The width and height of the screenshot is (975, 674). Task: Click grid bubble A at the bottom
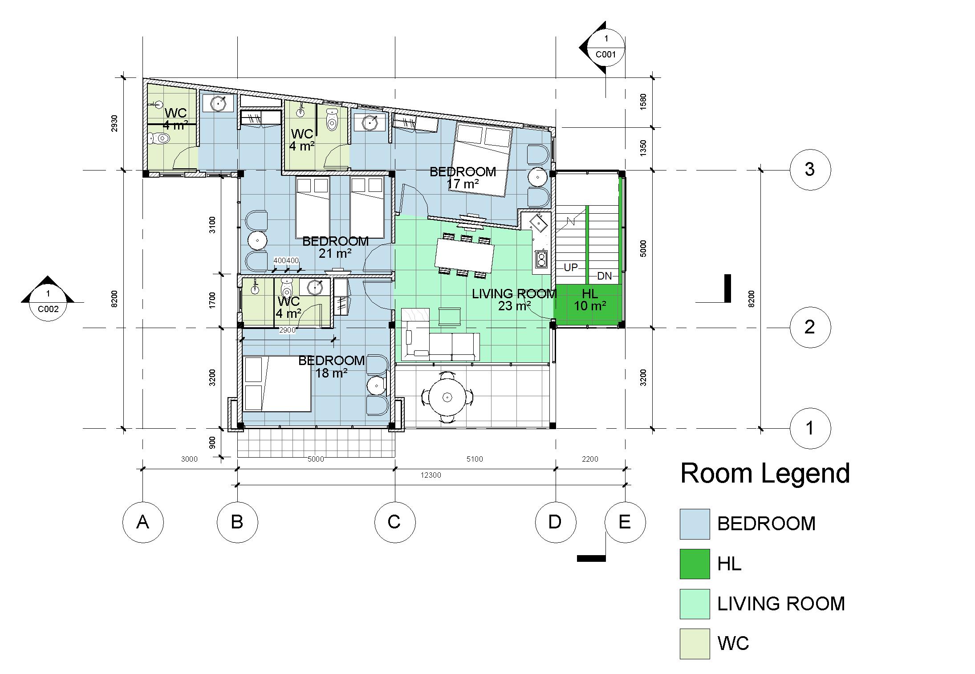pyautogui.click(x=142, y=522)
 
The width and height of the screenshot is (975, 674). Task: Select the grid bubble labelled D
pyautogui.click(x=555, y=522)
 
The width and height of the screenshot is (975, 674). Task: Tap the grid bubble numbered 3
pyautogui.click(x=810, y=170)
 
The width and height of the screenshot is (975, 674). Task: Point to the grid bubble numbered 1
pyautogui.click(x=810, y=428)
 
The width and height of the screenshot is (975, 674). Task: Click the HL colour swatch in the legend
pyautogui.click(x=695, y=564)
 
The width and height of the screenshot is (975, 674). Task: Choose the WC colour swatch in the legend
pyautogui.click(x=695, y=643)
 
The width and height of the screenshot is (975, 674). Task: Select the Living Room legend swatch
pyautogui.click(x=695, y=604)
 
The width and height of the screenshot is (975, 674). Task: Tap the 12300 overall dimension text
pyautogui.click(x=431, y=475)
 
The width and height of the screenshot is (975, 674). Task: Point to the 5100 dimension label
pyautogui.click(x=475, y=459)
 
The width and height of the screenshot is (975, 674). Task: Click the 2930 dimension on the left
pyautogui.click(x=115, y=124)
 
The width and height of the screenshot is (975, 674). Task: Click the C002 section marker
pyautogui.click(x=48, y=298)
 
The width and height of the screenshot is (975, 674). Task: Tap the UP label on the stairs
pyautogui.click(x=570, y=268)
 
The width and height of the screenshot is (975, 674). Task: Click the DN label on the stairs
pyautogui.click(x=604, y=276)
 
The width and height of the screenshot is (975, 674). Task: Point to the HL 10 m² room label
pyautogui.click(x=590, y=300)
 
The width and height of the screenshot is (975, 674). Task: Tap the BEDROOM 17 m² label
pyautogui.click(x=463, y=178)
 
